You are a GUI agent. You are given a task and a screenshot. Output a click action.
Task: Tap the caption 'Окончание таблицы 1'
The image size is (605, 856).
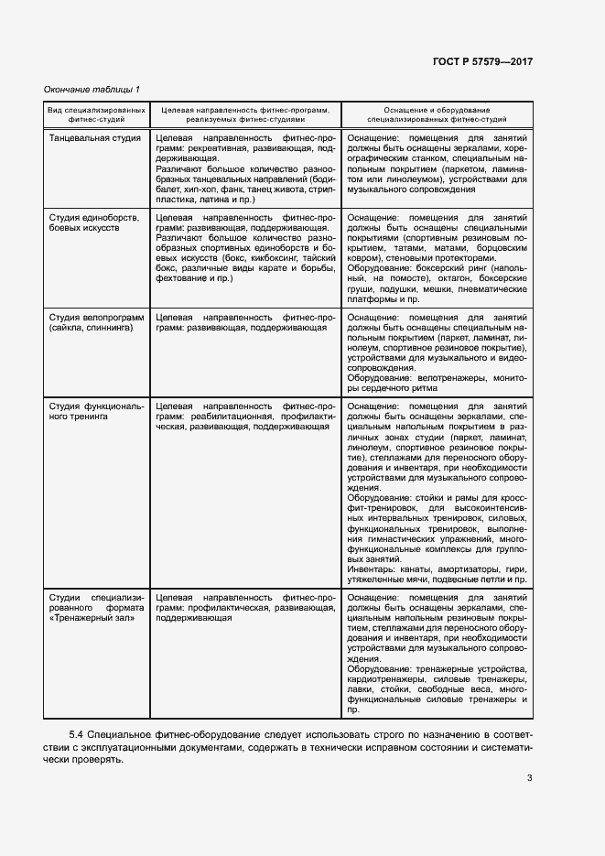tap(92, 88)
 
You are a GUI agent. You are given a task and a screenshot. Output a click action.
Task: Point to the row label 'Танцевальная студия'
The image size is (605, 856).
tap(94, 138)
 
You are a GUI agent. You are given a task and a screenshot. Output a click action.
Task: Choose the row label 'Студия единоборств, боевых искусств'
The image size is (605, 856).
tap(94, 222)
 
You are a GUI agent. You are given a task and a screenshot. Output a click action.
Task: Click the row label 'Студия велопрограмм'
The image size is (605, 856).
tap(96, 317)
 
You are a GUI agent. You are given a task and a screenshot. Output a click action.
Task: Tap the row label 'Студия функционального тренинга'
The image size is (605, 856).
tap(96, 410)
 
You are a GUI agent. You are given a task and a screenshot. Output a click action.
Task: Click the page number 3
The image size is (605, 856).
tap(529, 778)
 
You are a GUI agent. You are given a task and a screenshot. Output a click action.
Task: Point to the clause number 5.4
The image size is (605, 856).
tap(78, 734)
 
